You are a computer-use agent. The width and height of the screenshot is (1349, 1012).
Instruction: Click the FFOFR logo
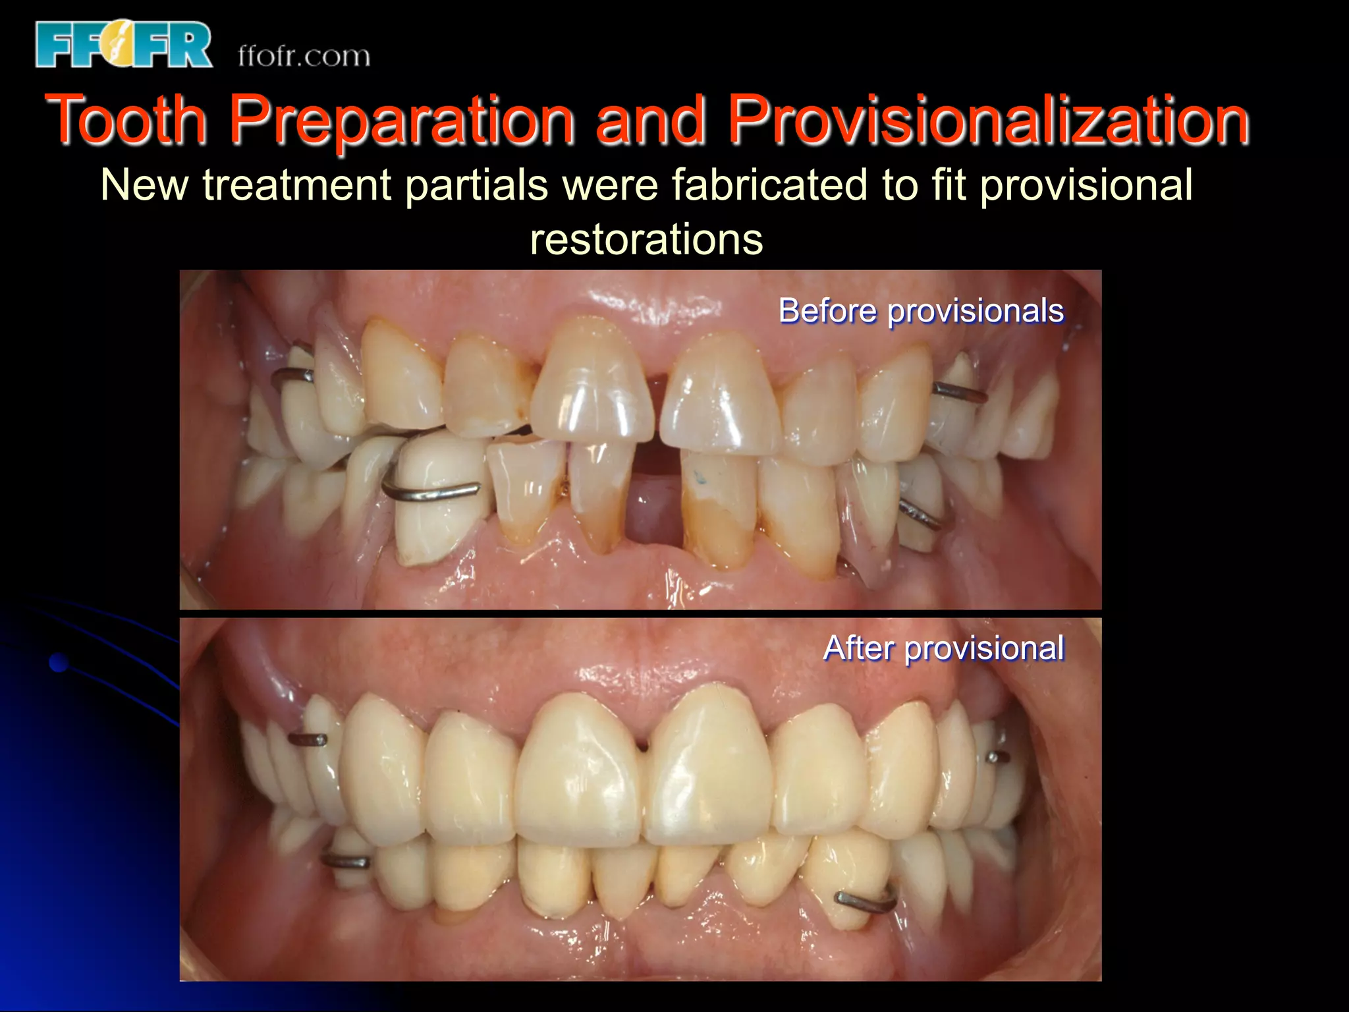(x=124, y=45)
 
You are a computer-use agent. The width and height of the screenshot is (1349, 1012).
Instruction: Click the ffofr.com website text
(x=304, y=56)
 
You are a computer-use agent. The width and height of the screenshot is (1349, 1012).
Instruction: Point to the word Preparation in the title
(x=402, y=121)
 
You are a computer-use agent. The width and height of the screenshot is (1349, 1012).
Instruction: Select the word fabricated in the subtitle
(x=769, y=184)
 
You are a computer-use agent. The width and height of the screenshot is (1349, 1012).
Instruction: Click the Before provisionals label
(x=921, y=310)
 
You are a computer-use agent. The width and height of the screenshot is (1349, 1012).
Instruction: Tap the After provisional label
(x=943, y=648)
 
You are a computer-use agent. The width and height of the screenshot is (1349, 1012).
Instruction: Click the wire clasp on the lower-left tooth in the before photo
(x=431, y=492)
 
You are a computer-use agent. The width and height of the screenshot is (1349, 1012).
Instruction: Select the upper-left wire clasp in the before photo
(x=293, y=376)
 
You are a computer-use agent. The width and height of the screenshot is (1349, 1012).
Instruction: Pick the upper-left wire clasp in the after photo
(x=308, y=739)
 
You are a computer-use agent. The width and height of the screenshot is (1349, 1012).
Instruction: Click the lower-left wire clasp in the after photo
(x=345, y=860)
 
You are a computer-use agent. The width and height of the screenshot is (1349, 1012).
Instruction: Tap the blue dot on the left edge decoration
(x=59, y=662)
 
